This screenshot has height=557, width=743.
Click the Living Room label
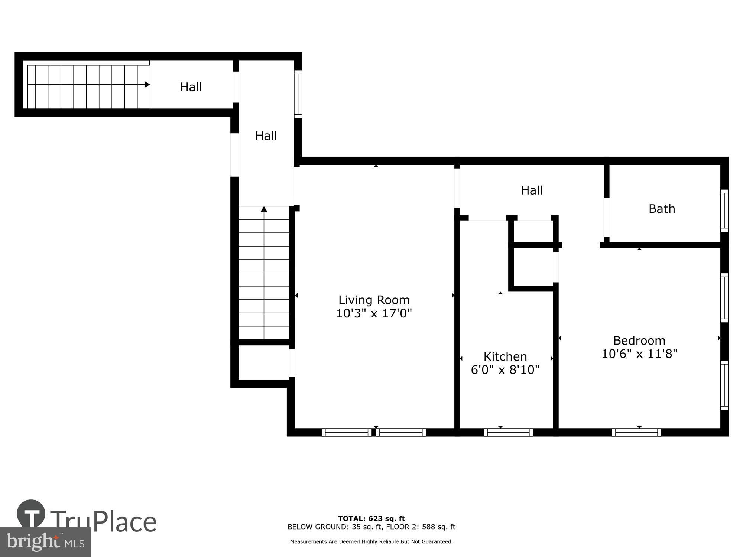click(x=374, y=300)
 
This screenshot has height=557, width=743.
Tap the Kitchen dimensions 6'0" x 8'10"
click(x=505, y=370)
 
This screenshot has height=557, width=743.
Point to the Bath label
click(x=662, y=209)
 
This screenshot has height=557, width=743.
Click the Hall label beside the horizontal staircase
click(x=191, y=87)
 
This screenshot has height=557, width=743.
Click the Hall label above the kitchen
click(x=532, y=190)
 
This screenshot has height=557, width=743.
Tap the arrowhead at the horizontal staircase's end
click(x=147, y=85)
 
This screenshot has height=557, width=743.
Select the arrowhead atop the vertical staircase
click(x=264, y=209)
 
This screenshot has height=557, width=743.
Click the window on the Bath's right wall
click(x=724, y=211)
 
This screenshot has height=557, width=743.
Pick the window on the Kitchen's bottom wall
click(x=508, y=432)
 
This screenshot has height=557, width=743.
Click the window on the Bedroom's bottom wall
click(x=636, y=432)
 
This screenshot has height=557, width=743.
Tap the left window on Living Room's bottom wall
click(x=346, y=432)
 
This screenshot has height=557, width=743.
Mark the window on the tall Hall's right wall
click(x=298, y=94)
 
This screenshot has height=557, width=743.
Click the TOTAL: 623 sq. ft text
click(x=371, y=518)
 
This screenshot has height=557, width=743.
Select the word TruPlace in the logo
click(x=103, y=521)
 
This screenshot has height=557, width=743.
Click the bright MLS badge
click(x=45, y=542)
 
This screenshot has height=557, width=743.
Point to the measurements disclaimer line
click(x=371, y=541)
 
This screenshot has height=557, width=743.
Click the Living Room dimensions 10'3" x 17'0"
click(x=374, y=313)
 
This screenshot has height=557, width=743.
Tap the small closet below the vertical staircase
click(x=263, y=362)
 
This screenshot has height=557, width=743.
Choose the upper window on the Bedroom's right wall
click(x=724, y=297)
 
